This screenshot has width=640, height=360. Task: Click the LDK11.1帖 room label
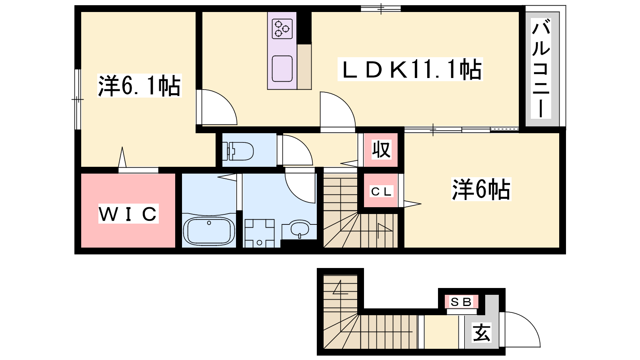coord(410,69)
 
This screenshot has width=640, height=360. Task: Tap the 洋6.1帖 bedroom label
coord(140,86)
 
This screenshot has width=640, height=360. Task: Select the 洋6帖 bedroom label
coord(481,189)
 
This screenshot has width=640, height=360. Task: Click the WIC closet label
coord(128,214)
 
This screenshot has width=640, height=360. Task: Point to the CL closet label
coord(382,192)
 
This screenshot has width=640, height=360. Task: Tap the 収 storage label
coord(381,149)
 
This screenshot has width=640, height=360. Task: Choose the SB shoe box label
coord(461,302)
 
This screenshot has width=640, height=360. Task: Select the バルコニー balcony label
coord(541,68)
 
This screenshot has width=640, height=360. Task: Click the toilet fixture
coord(238,151)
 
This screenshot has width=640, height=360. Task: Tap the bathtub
coord(209,231)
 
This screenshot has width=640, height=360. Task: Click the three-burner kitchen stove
coord(282,29)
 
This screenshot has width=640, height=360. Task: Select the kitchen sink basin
coord(282,68)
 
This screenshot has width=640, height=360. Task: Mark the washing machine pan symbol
coord(260,234)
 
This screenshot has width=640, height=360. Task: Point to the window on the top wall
coord(381,8)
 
